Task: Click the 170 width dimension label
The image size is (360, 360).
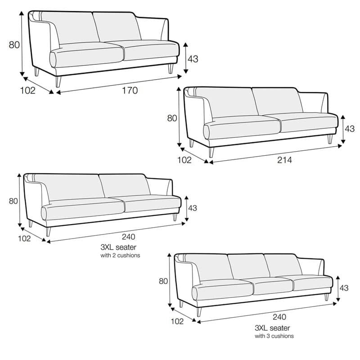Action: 130,90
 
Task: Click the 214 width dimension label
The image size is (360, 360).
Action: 284,160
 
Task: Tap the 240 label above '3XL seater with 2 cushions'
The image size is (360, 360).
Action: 128,237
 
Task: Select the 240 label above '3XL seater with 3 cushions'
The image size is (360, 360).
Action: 279,317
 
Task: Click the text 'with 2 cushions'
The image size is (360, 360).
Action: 120,255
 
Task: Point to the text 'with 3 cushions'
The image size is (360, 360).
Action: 274,336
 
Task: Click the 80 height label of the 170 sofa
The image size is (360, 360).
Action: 14,45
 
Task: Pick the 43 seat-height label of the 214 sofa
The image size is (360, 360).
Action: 350,129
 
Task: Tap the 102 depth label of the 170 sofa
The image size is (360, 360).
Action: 28,90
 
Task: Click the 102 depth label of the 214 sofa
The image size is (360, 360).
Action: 184,160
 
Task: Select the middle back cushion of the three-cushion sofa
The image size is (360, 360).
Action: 249,266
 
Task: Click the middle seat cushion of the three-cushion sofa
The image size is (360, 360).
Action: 273,286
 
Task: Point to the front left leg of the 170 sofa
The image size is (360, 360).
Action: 58,81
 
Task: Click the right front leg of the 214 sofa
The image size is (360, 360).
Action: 330,139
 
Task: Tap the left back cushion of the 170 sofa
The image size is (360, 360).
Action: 70,27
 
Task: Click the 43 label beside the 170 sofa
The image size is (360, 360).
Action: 193,59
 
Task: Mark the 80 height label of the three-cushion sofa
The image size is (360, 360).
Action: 163,281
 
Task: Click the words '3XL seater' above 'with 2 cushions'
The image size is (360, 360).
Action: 118,247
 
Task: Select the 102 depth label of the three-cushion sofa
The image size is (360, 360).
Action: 177,321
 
